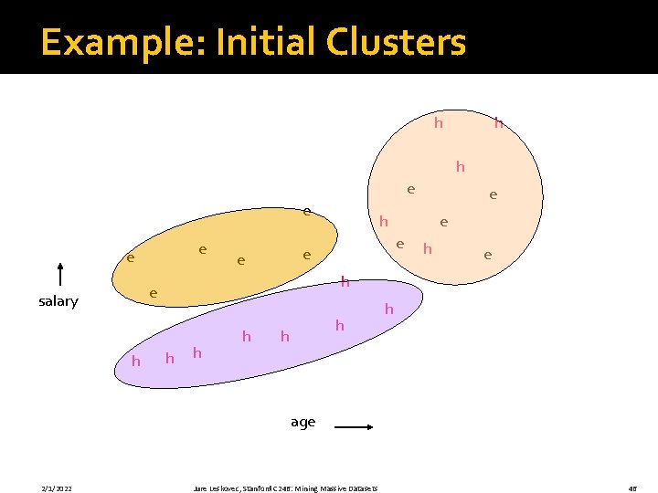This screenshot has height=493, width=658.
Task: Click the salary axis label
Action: (x=58, y=301)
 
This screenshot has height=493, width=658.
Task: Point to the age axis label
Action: (x=302, y=422)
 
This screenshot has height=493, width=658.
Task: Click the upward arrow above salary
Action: (x=59, y=275)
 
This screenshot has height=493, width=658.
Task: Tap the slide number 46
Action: (x=632, y=488)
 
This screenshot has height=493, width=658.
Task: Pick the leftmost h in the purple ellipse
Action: (x=136, y=362)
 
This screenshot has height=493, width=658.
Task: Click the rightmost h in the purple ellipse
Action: (x=388, y=310)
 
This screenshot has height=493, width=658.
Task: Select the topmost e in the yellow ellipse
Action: (x=307, y=212)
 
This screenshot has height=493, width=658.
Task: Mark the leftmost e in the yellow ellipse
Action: (x=131, y=258)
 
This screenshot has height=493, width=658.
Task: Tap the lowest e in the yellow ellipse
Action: (x=154, y=294)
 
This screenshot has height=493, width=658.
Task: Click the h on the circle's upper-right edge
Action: (x=499, y=121)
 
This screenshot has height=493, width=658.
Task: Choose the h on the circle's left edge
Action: (x=384, y=222)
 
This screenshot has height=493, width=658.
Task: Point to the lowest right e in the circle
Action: (x=488, y=256)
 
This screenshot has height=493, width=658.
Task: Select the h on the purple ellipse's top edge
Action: (x=345, y=282)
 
